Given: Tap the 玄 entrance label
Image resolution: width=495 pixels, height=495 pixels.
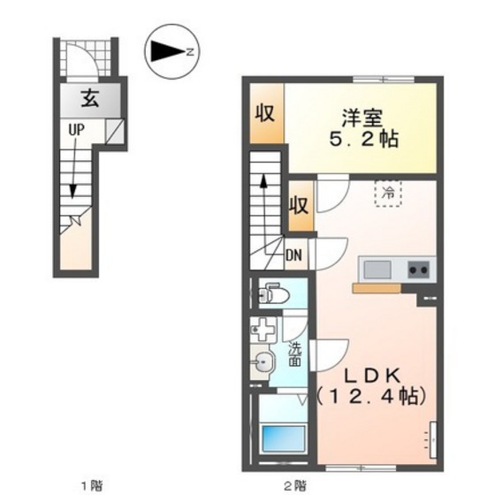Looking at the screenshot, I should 90,98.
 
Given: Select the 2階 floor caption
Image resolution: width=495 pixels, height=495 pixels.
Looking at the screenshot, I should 295,484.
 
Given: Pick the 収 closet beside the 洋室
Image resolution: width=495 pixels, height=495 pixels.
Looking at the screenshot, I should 264,113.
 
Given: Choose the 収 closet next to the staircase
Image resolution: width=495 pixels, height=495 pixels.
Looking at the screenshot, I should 299,206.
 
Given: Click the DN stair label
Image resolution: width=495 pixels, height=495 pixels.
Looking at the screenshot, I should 295,256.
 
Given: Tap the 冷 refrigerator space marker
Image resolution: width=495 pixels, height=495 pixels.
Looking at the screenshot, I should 387,192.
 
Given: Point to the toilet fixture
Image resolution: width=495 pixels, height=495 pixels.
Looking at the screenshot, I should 270,291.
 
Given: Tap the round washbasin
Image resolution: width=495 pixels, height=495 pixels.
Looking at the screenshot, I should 263,360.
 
